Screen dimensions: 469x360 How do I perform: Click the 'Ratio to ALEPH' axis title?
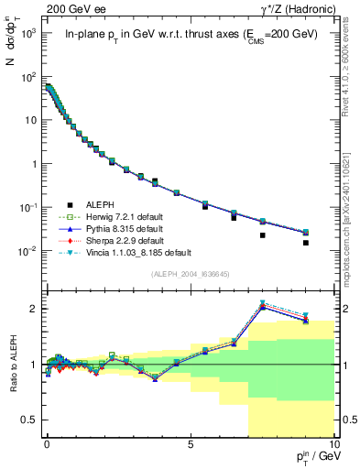coord(12,365)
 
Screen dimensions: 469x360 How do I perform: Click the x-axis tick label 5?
coord(190,442)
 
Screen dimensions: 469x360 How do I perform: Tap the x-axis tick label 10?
coord(333,442)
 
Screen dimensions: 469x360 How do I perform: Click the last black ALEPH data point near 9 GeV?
coord(305,243)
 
